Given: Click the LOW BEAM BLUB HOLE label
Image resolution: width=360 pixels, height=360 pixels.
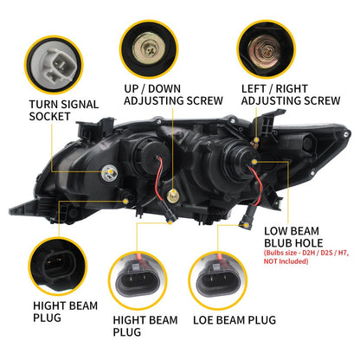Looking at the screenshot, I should (294, 238).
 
